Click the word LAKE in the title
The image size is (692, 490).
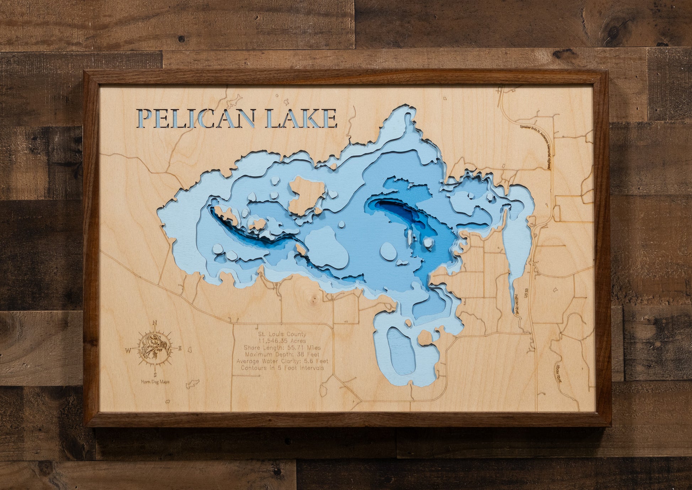point(301,118)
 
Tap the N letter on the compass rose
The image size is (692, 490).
point(155,323)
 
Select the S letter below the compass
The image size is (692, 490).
point(155,374)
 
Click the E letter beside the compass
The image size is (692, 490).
point(180,348)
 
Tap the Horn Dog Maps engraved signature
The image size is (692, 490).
point(155,382)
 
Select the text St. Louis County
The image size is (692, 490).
point(282,334)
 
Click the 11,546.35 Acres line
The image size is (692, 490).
point(282,341)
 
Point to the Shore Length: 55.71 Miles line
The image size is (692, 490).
point(282,348)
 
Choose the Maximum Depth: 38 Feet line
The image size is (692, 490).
point(282,354)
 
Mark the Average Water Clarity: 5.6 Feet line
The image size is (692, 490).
point(282,361)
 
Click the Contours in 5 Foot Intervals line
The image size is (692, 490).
point(282,368)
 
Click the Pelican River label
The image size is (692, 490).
point(517,304)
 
